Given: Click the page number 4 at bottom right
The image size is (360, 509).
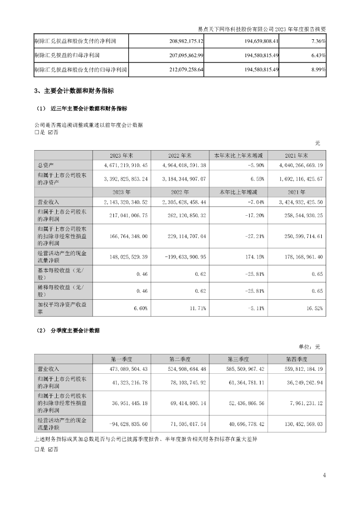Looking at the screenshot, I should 324,475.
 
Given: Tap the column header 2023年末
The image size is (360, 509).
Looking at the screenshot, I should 121,155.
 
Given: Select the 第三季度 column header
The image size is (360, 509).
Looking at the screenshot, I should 239,359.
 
